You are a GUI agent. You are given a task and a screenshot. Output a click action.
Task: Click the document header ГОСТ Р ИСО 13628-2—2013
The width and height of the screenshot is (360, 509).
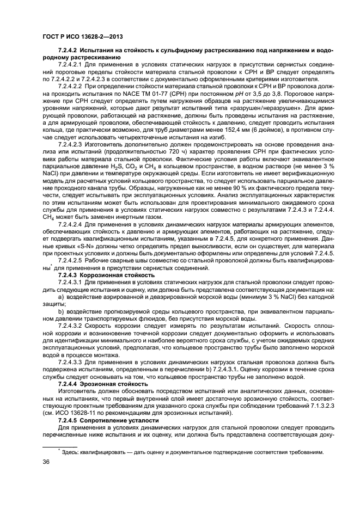[82, 36]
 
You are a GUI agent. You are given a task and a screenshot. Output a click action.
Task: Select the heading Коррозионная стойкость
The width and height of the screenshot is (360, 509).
[103, 275]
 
